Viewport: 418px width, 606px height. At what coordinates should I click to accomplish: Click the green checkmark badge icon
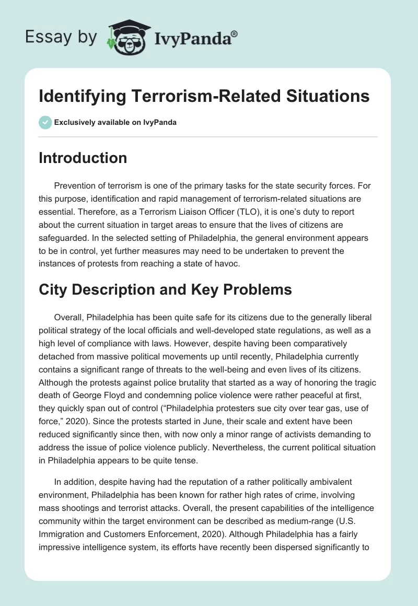pyautogui.click(x=45, y=122)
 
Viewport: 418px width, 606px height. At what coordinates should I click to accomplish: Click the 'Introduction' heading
pyautogui.click(x=83, y=158)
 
